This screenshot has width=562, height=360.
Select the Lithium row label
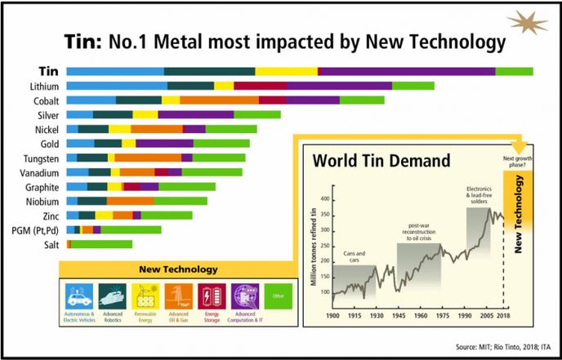point(42,86)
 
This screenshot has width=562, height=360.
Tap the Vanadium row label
point(38,172)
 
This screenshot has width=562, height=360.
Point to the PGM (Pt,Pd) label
point(33,230)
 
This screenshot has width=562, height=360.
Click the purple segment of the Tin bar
point(406,71)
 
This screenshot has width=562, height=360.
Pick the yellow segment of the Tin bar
point(286,71)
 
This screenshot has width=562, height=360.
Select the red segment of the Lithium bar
point(260,86)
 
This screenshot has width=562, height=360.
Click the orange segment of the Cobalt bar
point(219,100)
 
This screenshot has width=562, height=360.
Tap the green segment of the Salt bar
point(101,244)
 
